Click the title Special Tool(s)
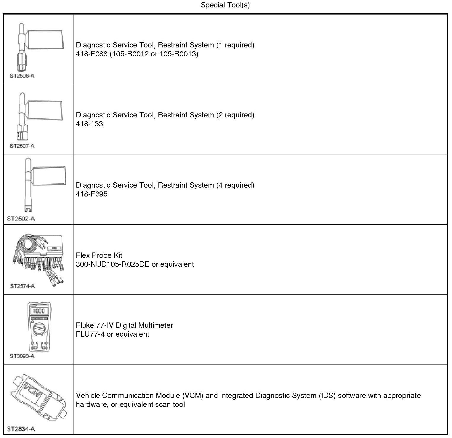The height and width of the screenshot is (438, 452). click(225, 5)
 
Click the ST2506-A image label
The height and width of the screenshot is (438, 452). click(22, 76)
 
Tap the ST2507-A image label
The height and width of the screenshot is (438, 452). click(22, 146)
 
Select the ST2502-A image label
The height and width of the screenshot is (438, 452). click(21, 219)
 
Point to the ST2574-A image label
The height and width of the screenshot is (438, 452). click(23, 286)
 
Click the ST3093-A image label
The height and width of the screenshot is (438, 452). click(22, 356)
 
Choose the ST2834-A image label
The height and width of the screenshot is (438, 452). click(21, 429)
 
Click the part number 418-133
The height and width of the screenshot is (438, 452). click(89, 124)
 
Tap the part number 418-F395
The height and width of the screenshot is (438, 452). click(92, 194)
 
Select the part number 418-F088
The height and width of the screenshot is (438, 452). click(92, 54)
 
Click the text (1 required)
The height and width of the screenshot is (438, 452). click(235, 45)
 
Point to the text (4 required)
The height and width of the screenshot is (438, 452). click(235, 185)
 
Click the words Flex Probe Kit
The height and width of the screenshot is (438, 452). click(99, 255)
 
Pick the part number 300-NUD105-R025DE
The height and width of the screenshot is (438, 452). click(113, 264)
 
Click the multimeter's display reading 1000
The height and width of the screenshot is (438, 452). click(39, 311)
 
